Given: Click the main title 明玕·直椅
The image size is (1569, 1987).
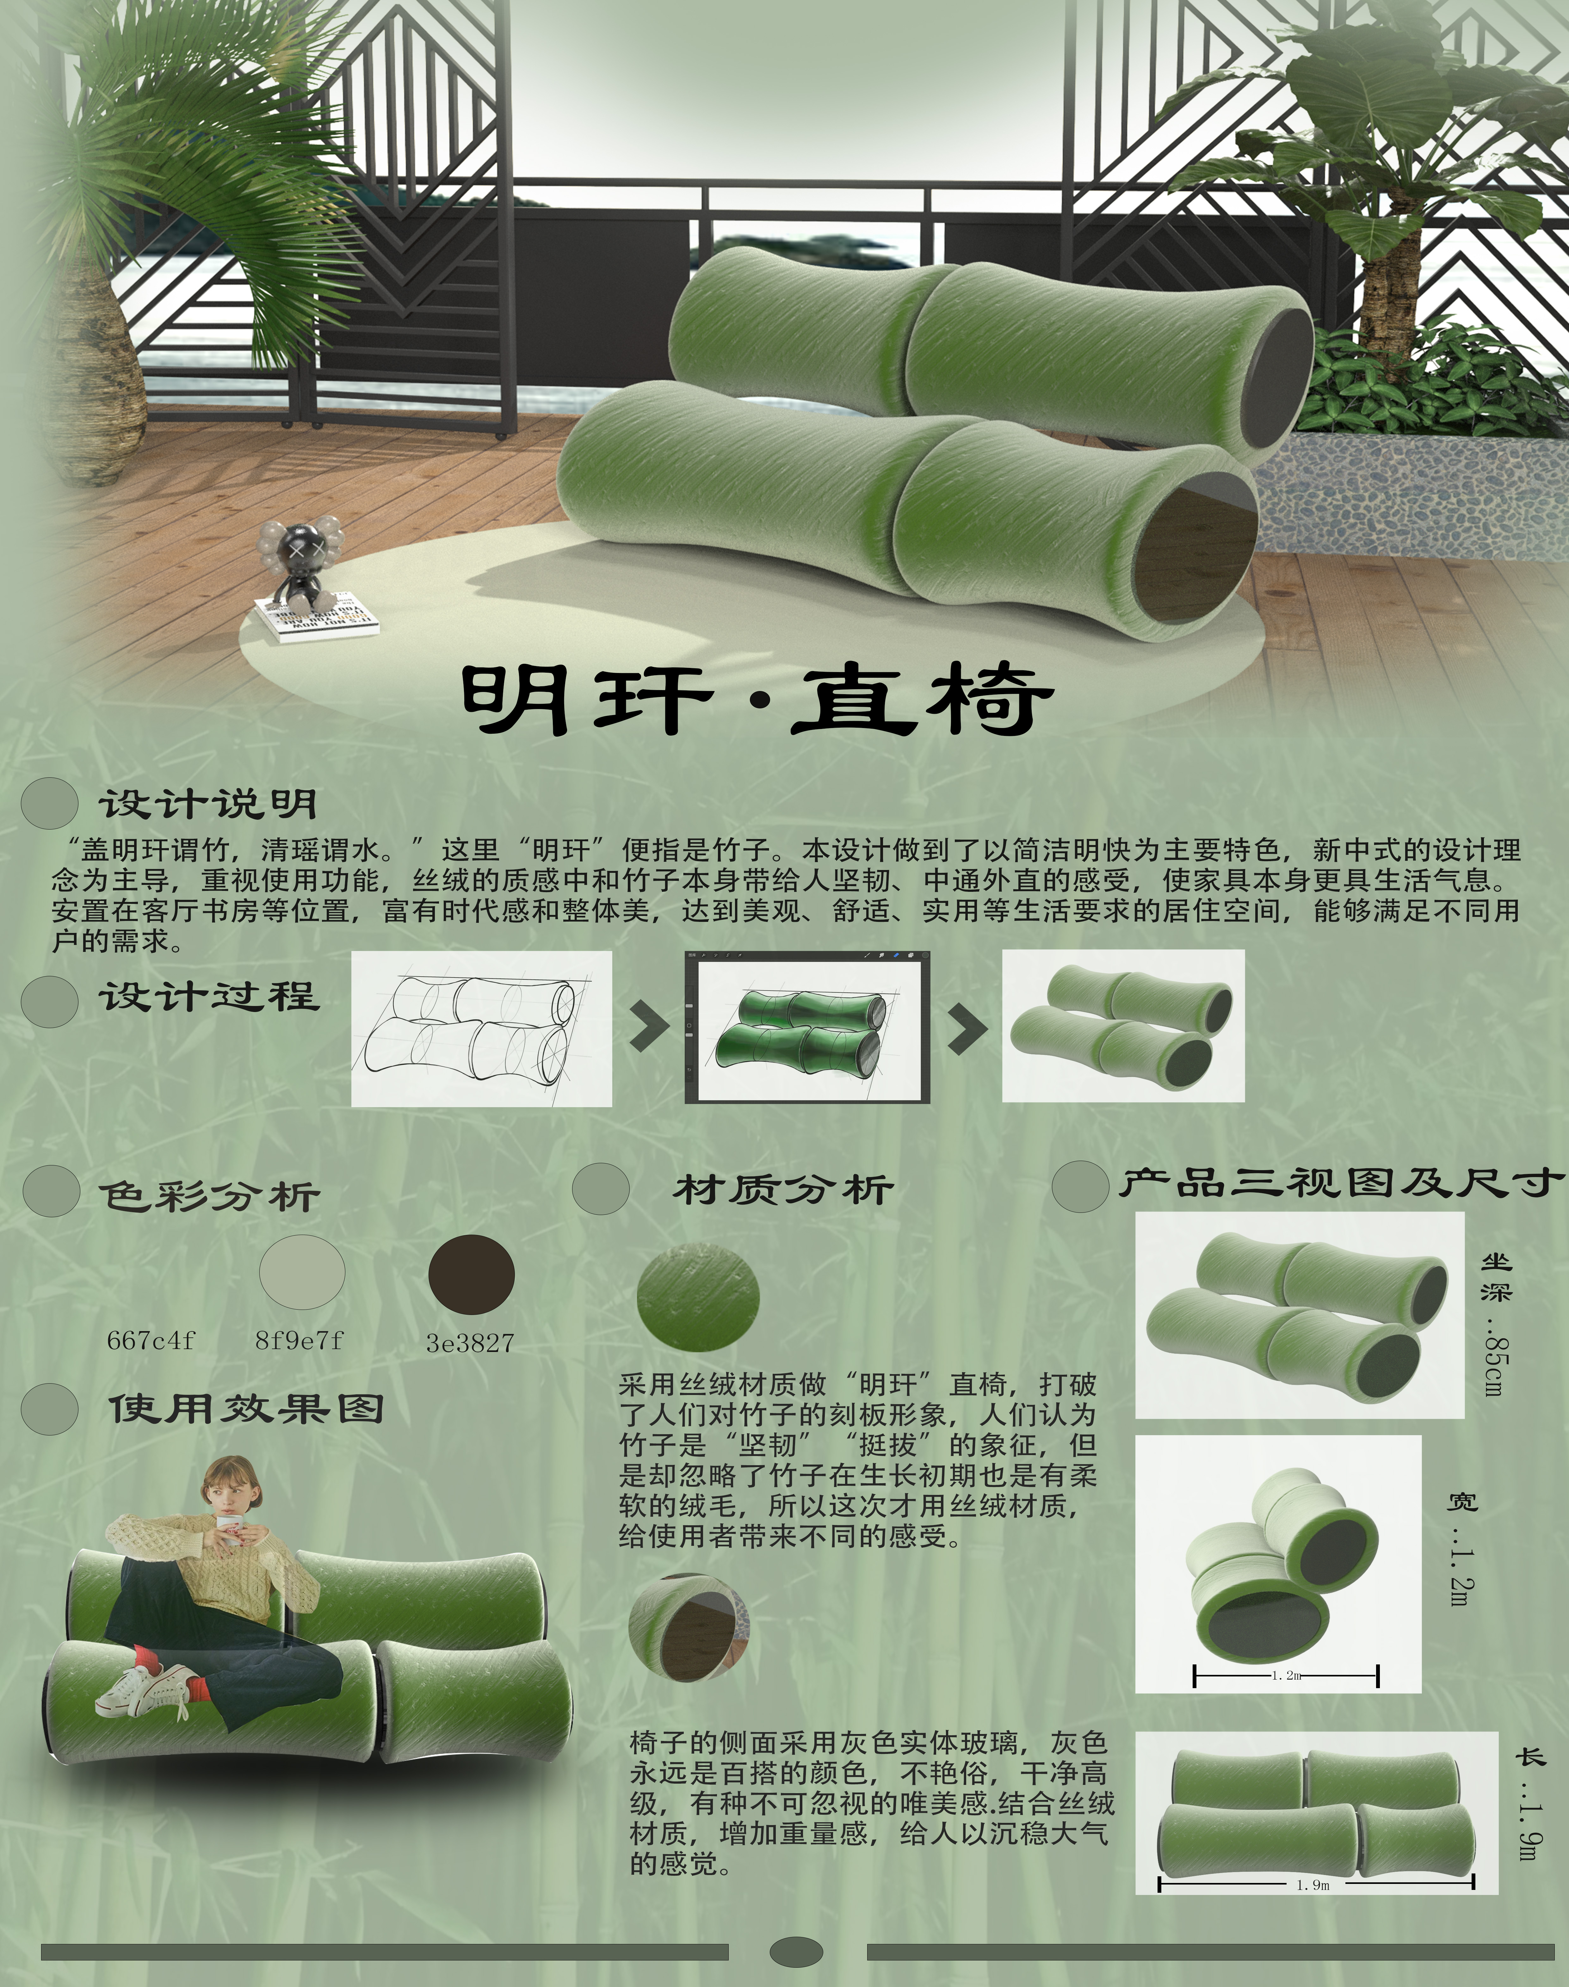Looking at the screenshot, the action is [756, 700].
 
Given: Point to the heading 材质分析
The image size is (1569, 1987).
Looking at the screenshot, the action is [783, 1190].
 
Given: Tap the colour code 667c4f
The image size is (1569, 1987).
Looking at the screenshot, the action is [151, 1340].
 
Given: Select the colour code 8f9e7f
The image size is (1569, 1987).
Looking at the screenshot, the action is [299, 1340].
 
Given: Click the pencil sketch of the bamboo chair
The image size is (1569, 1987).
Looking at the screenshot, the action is [481, 1028].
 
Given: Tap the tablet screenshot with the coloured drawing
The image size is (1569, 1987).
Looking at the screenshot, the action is [806, 1027].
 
